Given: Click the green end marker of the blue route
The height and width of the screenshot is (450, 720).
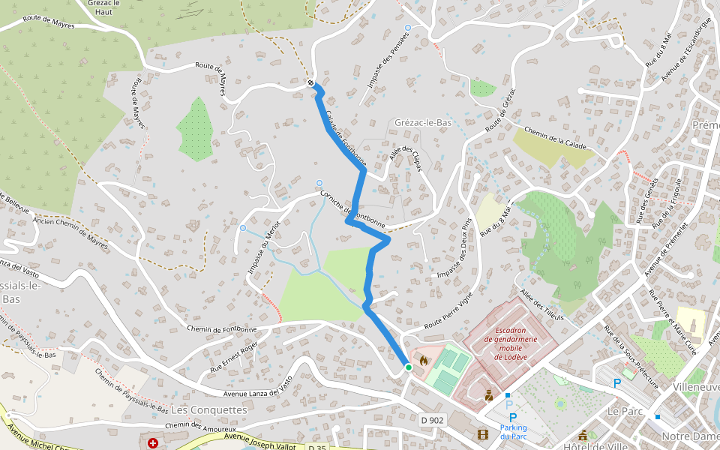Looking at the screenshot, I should pyautogui.click(x=408, y=367).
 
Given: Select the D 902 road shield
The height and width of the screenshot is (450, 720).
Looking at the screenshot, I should pyautogui.click(x=432, y=421).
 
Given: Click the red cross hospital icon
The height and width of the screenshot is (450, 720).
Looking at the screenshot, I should pyautogui.click(x=154, y=443).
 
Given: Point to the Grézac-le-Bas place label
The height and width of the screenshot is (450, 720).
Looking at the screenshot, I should pyautogui.click(x=423, y=122).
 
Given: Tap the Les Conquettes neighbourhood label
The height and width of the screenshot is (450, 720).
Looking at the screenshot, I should pyautogui.click(x=209, y=410).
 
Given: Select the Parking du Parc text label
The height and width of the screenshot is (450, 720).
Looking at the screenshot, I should pyautogui.click(x=513, y=431).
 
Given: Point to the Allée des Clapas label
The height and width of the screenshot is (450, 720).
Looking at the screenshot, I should pyautogui.click(x=406, y=157).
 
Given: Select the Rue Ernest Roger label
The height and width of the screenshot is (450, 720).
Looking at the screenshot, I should pyautogui.click(x=233, y=347).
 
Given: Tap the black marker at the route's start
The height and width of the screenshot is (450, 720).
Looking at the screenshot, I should pyautogui.click(x=310, y=82).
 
